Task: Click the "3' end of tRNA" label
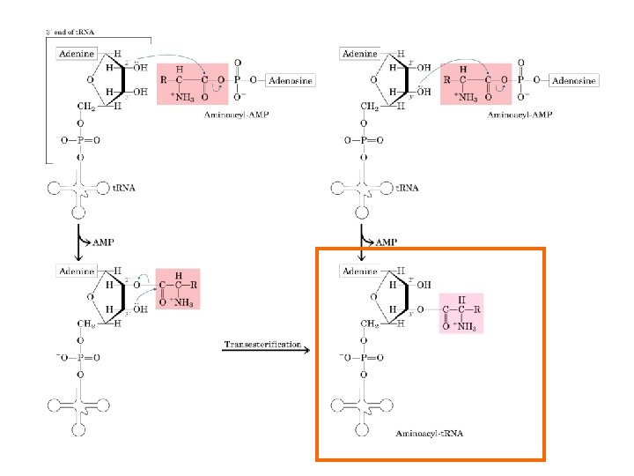[x=70, y=33]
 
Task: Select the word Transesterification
[x=262, y=343]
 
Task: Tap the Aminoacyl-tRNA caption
[x=429, y=434]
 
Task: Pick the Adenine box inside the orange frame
[x=359, y=271]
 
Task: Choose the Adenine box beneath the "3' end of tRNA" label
[x=77, y=55]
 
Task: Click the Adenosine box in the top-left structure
[x=287, y=80]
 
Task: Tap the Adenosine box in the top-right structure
[x=572, y=80]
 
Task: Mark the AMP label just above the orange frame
[x=386, y=242]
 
